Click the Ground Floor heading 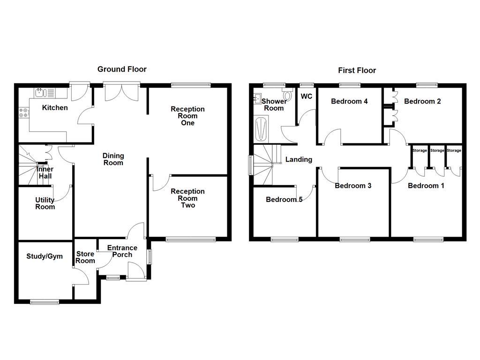(x=122, y=69)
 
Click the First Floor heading (x=357, y=71)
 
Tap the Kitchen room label (x=55, y=108)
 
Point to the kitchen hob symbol (x=23, y=112)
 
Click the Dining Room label (x=113, y=159)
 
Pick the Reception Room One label (x=187, y=116)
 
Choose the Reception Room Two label (x=187, y=198)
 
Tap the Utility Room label (x=45, y=203)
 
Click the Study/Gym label (x=44, y=256)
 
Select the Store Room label (x=85, y=257)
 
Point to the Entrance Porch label (x=122, y=251)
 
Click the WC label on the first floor (x=306, y=97)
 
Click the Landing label (x=299, y=159)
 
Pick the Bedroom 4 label (x=349, y=101)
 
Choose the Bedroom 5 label (x=284, y=200)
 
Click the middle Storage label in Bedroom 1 (x=437, y=150)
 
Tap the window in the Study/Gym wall (x=45, y=302)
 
